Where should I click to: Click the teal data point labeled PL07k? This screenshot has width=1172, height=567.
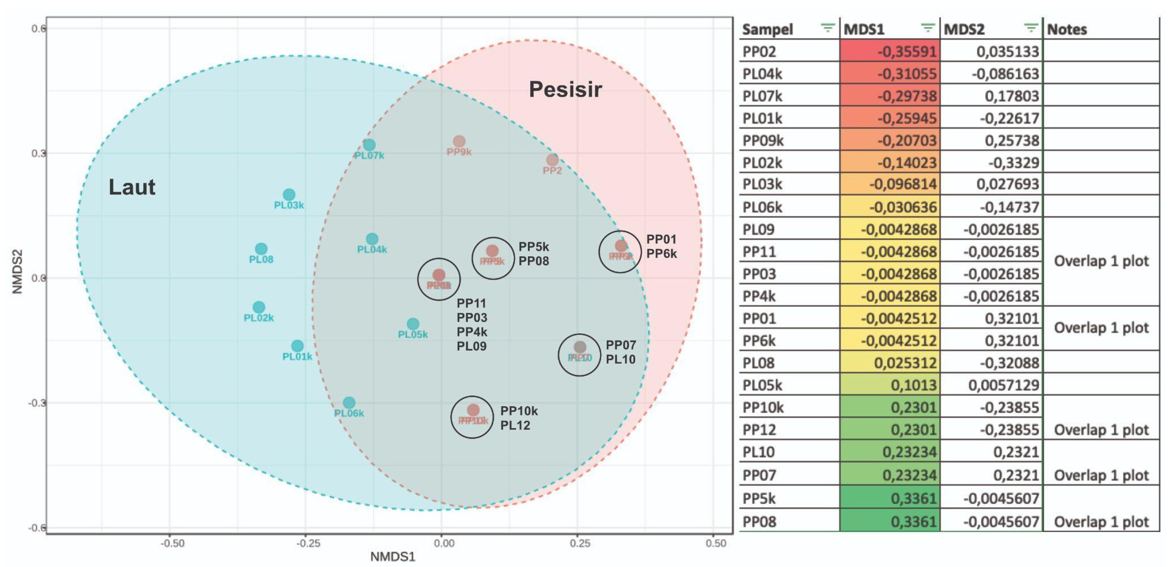(x=369, y=145)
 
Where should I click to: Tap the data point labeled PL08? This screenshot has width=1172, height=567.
(x=261, y=249)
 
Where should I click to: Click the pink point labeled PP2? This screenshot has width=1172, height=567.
(x=552, y=160)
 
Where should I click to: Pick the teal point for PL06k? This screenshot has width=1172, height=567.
(x=349, y=403)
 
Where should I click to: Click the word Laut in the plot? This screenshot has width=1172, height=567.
(x=132, y=187)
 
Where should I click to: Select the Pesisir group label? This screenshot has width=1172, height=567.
(x=565, y=89)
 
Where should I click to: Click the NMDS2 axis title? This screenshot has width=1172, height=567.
(x=17, y=272)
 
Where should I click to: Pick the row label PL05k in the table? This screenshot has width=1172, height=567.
(x=762, y=385)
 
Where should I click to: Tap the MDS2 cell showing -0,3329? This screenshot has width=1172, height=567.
(x=1013, y=162)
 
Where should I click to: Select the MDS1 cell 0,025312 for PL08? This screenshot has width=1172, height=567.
(x=905, y=363)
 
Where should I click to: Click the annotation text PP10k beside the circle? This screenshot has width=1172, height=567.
(x=519, y=411)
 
